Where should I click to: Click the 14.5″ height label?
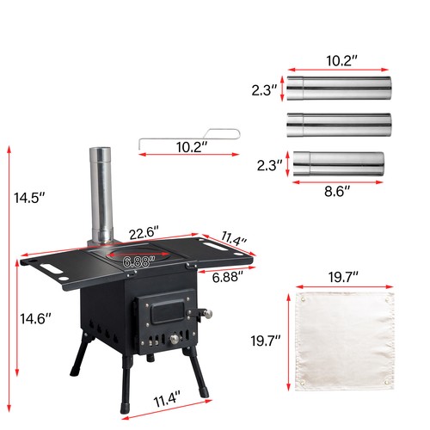click(29, 198)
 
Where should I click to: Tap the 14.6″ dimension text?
click(33, 319)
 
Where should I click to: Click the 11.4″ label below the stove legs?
click(169, 400)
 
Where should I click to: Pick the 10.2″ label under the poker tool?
click(191, 148)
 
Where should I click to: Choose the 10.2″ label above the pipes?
click(339, 62)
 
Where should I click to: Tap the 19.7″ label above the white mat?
click(341, 277)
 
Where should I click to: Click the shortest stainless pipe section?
click(339, 163)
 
